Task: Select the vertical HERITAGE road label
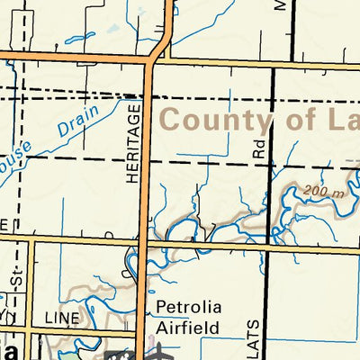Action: pyautogui.click(x=135, y=144)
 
